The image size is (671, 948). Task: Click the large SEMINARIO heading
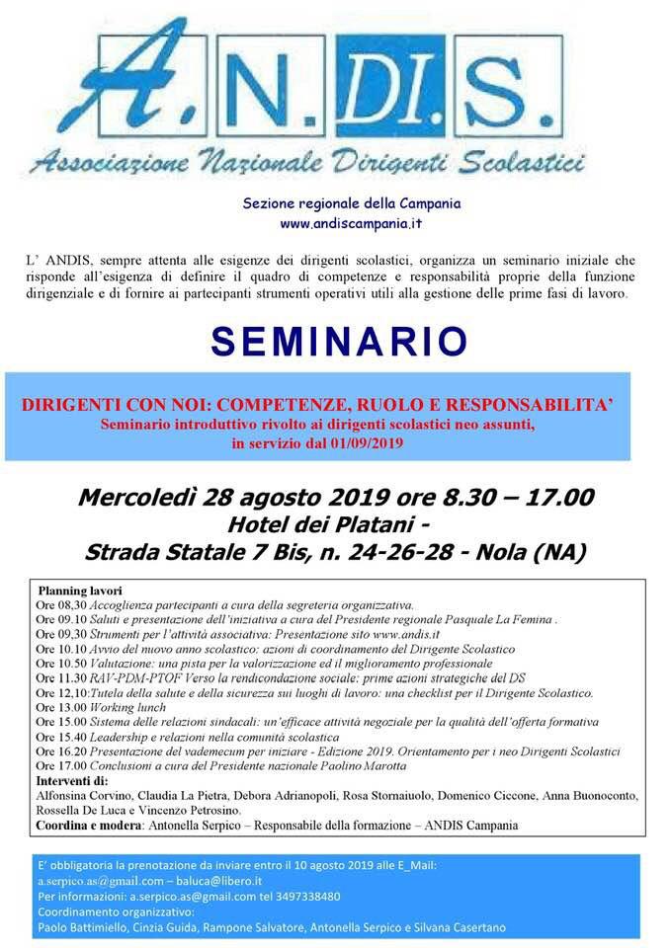339,341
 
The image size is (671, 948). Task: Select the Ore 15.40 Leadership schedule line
188,737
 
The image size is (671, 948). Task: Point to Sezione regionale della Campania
352,204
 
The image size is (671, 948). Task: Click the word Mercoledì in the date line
134,496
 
